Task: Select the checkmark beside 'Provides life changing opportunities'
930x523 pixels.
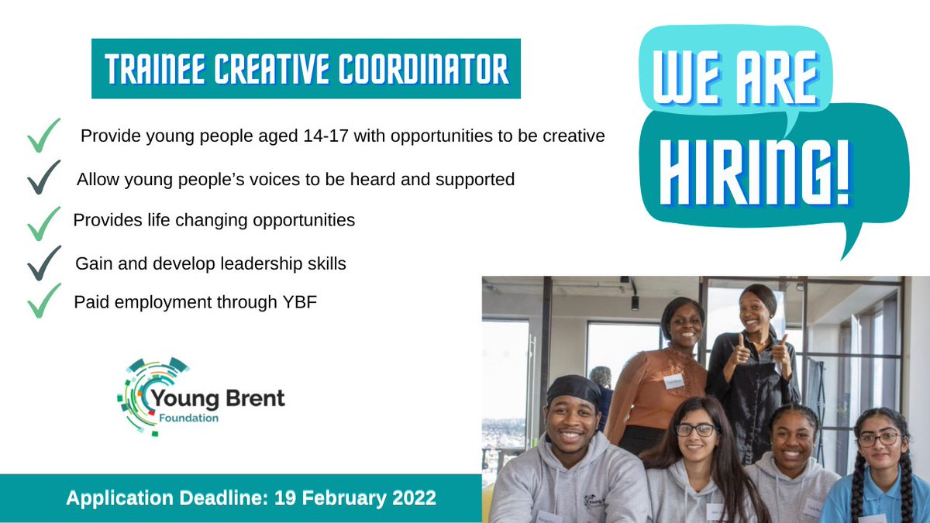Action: (43, 222)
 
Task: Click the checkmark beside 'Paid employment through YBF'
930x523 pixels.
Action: (43, 301)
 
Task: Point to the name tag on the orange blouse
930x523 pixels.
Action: (673, 380)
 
